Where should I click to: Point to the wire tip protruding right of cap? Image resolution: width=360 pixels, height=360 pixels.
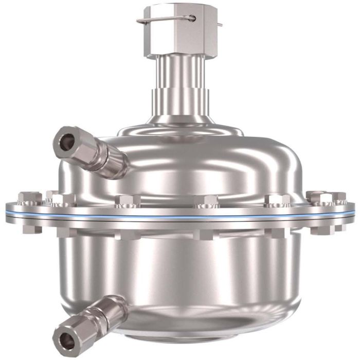(x=220, y=24)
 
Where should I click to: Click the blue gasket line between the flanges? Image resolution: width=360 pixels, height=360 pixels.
(x=180, y=217)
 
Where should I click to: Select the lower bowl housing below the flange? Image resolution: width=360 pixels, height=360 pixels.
(x=206, y=273)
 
